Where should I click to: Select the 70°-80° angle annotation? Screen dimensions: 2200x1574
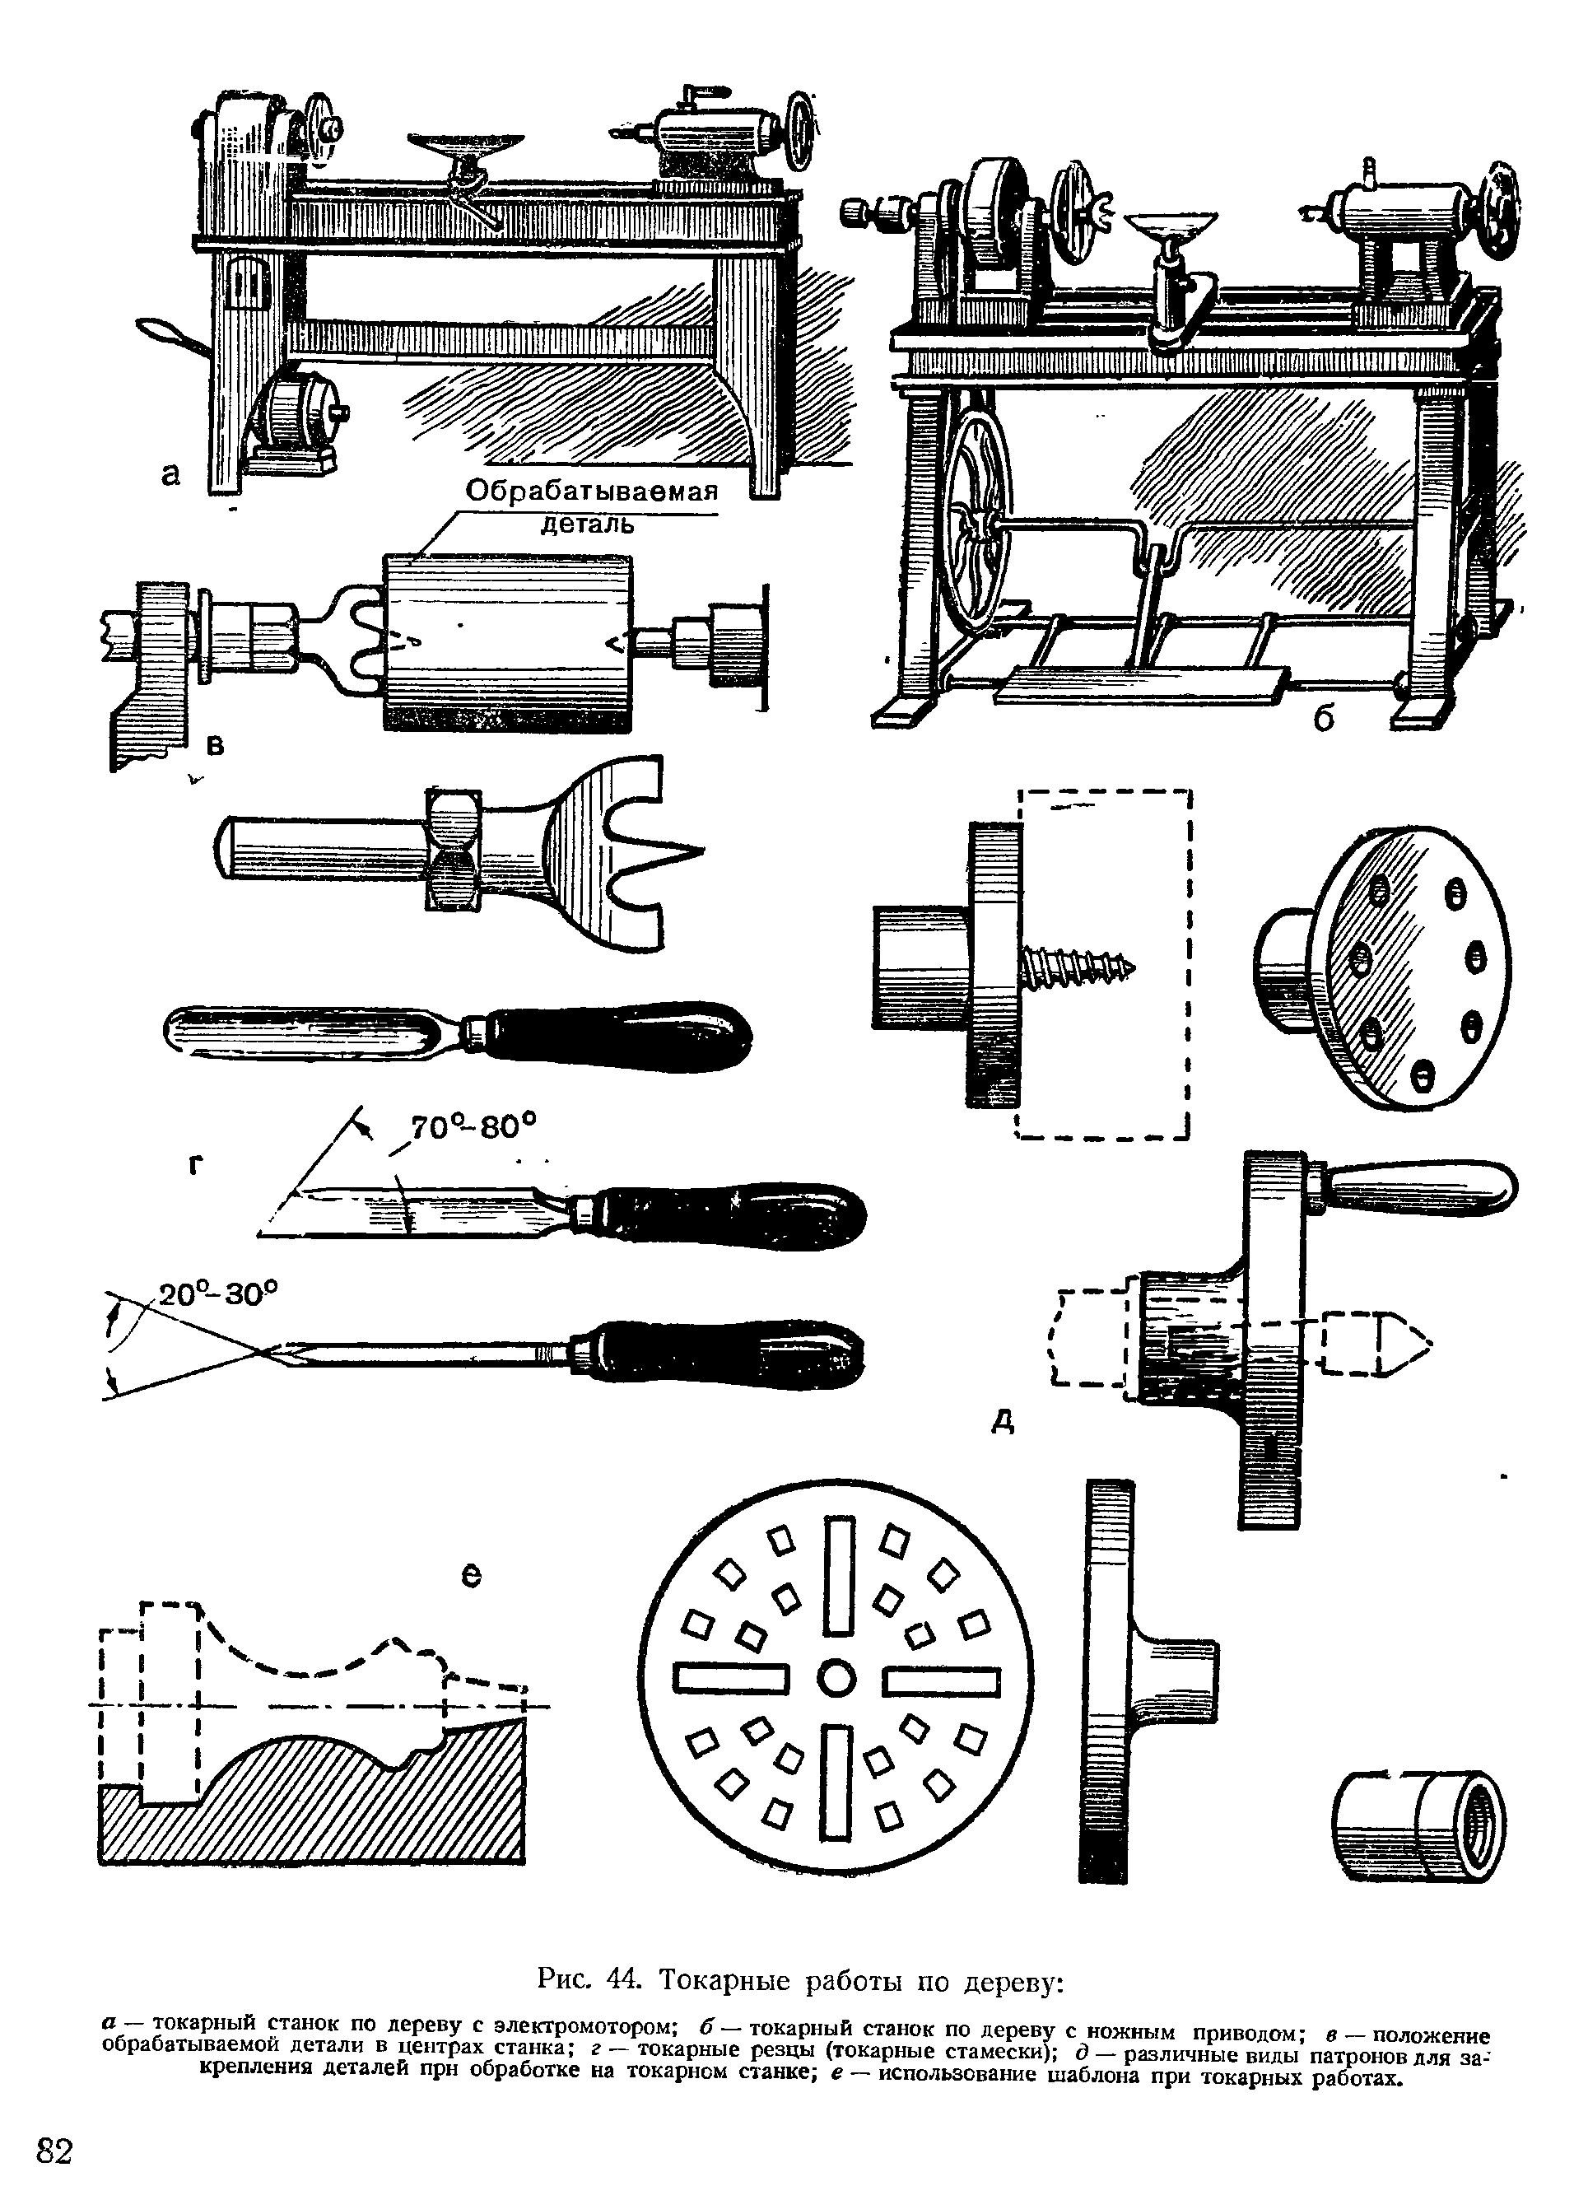point(473,1127)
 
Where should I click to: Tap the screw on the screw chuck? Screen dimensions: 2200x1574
point(1078,967)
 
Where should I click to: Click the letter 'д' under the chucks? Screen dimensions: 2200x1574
point(1005,1422)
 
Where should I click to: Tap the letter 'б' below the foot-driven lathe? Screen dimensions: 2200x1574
point(1325,718)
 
